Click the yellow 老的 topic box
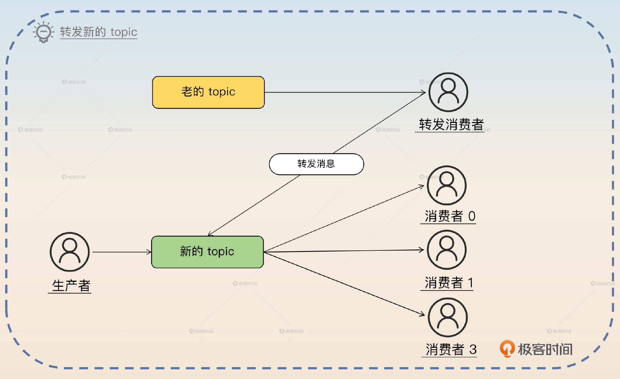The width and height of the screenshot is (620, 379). point(208,92)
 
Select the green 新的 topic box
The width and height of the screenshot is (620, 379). point(207,252)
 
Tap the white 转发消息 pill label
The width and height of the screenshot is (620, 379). point(316,164)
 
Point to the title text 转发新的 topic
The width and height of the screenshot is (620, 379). point(98,32)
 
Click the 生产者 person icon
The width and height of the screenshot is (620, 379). point(70,252)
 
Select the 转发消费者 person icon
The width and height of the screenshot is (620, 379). point(448,92)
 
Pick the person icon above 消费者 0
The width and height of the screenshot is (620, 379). point(447,185)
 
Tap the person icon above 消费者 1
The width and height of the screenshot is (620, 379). point(447,250)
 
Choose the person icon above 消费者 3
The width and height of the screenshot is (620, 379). point(448,317)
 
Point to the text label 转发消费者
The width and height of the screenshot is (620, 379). point(451,124)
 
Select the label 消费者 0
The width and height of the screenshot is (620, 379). point(449,216)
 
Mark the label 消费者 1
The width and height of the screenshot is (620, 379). point(449,283)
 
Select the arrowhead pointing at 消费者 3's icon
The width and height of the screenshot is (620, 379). point(422,314)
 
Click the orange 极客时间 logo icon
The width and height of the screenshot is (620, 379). point(507,349)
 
